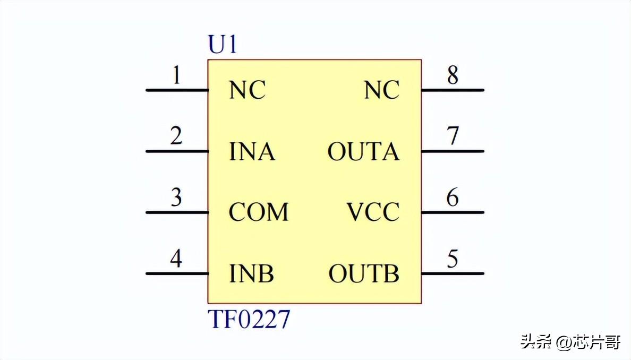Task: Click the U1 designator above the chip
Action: pos(222,46)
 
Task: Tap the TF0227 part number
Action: pos(249,320)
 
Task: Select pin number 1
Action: pos(177,76)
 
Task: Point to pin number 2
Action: pos(176,136)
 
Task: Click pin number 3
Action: pos(176,198)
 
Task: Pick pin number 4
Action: pos(176,259)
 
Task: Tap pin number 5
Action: pos(453,259)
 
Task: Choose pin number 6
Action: pos(453,198)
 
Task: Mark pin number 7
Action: pos(453,136)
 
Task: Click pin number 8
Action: pos(453,76)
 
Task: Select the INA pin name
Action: pos(252,152)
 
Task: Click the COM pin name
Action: pos(259,213)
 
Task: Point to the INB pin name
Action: pos(251,274)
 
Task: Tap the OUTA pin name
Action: pos(363,152)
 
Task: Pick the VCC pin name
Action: pos(373,213)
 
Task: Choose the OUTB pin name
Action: pos(364,274)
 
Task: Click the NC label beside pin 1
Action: pos(247,91)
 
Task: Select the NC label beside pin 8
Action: pos(381,91)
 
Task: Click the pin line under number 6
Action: pos(453,212)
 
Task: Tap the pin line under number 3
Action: pos(177,212)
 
